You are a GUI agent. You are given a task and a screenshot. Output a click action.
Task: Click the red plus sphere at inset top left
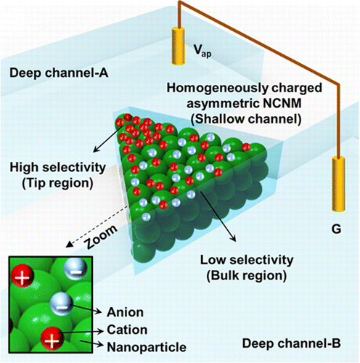click(23, 277)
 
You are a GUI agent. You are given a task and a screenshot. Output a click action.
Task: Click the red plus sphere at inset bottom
click(52, 338)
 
